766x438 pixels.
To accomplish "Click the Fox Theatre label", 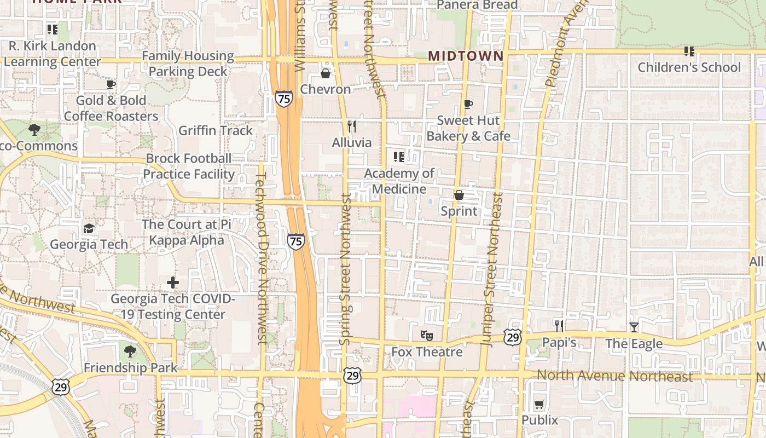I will [427, 351].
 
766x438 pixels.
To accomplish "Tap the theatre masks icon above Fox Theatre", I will [427, 335].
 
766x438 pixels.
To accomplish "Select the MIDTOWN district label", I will [466, 56].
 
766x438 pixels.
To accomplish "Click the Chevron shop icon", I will [326, 73].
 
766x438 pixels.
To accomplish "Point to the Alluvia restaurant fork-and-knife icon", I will [352, 126].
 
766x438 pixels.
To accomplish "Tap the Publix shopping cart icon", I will [539, 405].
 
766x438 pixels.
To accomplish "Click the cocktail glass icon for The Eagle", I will [634, 327].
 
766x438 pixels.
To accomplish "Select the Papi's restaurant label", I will [559, 343].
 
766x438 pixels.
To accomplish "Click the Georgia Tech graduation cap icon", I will [89, 228].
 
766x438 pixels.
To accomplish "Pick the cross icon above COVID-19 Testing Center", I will [173, 283].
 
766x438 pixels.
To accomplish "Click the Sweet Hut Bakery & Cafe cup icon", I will [468, 104].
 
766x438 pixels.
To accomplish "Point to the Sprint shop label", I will [459, 211].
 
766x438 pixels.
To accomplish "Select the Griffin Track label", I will [216, 130].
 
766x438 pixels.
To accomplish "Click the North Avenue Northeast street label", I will [614, 376].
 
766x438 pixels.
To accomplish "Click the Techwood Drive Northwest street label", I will [262, 257].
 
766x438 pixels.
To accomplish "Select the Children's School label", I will [689, 67].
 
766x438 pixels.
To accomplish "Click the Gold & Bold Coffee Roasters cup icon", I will [111, 84].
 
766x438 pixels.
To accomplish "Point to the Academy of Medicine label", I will [399, 181].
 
